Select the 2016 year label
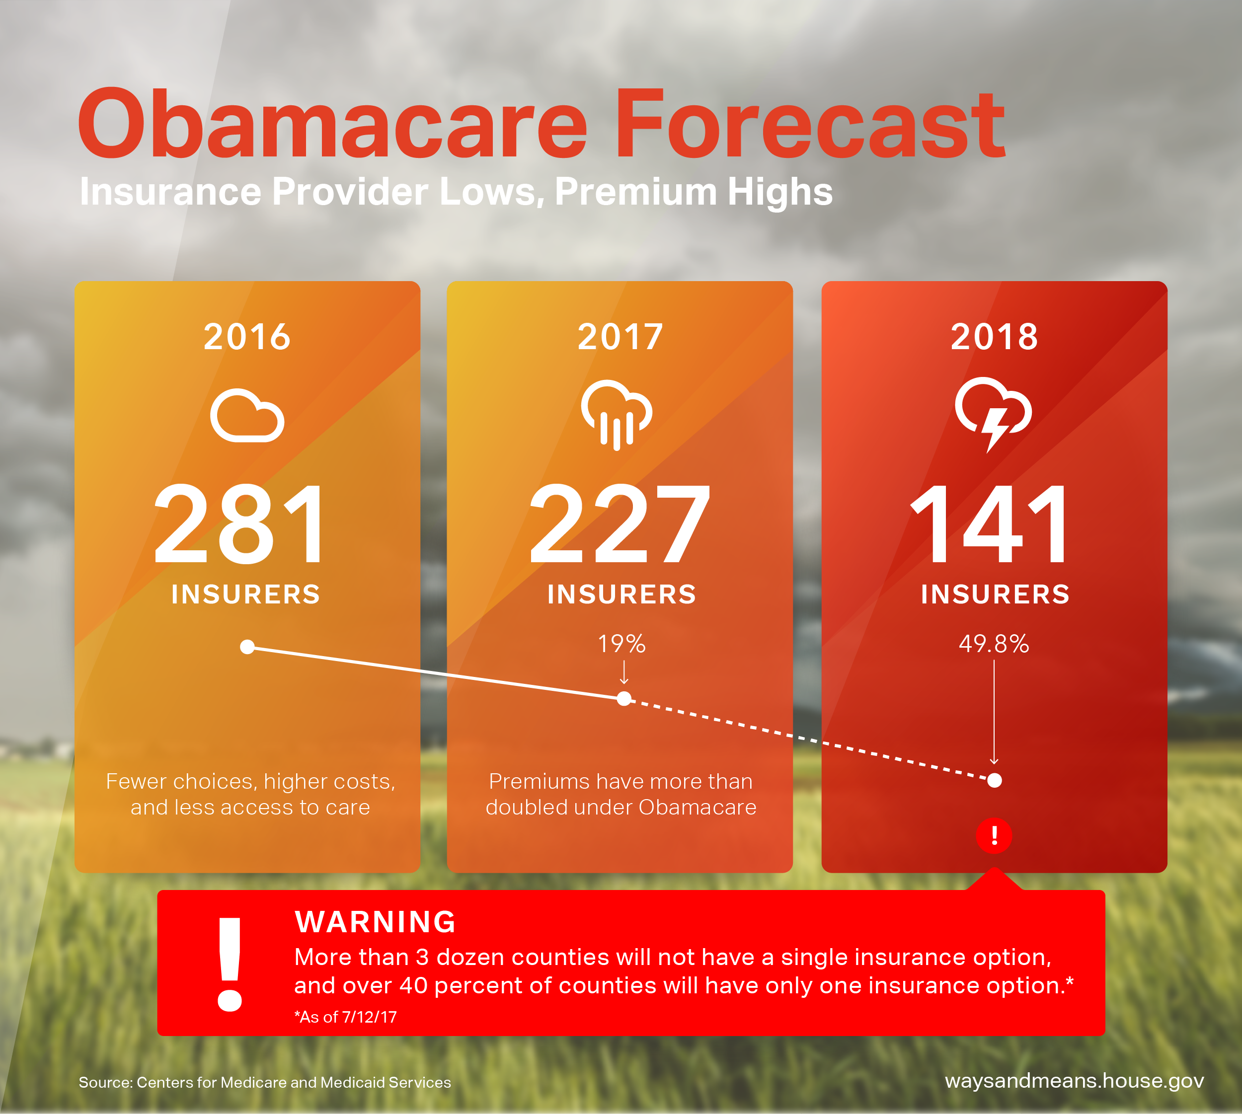247,337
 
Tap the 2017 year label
621,337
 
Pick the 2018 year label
994,337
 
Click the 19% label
622,644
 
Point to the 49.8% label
994,644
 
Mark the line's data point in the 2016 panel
247,647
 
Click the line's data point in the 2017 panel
624,698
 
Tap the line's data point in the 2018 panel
995,780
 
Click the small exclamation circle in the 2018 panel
994,835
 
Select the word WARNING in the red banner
375,922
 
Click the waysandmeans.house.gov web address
1074,1081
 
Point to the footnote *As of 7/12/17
346,1017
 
